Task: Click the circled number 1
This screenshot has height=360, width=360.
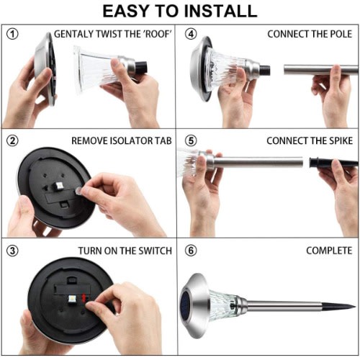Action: pos(12,34)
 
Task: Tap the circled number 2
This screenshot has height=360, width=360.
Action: pos(12,140)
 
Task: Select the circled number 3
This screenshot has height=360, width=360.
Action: pos(12,251)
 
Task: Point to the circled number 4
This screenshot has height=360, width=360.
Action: pos(191,34)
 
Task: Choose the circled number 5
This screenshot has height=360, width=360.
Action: pos(191,140)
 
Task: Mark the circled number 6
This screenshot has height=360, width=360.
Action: pos(191,251)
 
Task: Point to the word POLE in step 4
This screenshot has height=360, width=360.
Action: pos(341,34)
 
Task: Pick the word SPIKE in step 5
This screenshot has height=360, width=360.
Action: pos(341,140)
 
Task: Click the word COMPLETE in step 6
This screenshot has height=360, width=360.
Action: pos(329,251)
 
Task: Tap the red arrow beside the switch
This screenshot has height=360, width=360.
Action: pos(84,298)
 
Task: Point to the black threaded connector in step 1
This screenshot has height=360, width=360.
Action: pos(141,67)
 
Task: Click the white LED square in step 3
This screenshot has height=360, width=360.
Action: pos(71,299)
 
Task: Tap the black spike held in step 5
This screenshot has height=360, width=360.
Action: pos(333,163)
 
